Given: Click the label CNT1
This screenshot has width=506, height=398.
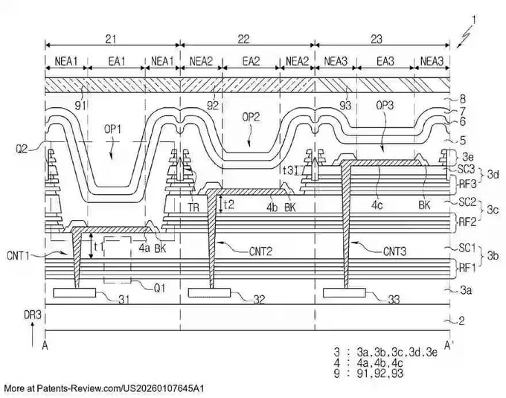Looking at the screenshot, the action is [x=18, y=256].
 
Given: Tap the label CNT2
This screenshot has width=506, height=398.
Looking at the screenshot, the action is [x=260, y=251].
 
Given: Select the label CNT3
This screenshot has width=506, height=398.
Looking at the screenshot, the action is [x=394, y=251].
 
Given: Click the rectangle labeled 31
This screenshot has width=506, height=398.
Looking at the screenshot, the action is [x=74, y=292].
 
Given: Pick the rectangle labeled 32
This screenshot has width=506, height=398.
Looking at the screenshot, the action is [x=209, y=292].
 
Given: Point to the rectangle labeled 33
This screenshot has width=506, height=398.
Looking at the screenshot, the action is [x=345, y=292].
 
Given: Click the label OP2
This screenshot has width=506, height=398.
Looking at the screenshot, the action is [x=251, y=118].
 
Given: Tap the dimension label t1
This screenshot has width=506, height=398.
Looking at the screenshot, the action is [x=98, y=247].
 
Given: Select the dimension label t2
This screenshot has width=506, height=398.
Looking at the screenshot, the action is [x=228, y=204].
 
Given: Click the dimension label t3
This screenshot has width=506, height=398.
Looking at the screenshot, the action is [x=288, y=170].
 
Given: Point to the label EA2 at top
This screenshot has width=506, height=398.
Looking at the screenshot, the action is [x=251, y=61].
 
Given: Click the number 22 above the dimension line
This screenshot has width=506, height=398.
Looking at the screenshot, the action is [x=243, y=39].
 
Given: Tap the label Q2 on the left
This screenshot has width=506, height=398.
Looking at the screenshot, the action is [x=22, y=150].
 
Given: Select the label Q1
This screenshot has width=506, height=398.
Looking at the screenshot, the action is [x=159, y=288].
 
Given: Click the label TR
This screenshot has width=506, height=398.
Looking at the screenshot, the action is [x=193, y=208].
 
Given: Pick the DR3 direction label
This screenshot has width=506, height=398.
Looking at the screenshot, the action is [x=33, y=315].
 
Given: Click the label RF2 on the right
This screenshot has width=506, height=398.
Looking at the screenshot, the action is [x=468, y=222].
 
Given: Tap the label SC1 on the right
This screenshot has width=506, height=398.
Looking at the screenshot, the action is [x=467, y=248].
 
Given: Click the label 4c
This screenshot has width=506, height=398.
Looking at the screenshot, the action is [x=377, y=205].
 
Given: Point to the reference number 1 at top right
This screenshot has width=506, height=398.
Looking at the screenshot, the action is [x=473, y=20].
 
